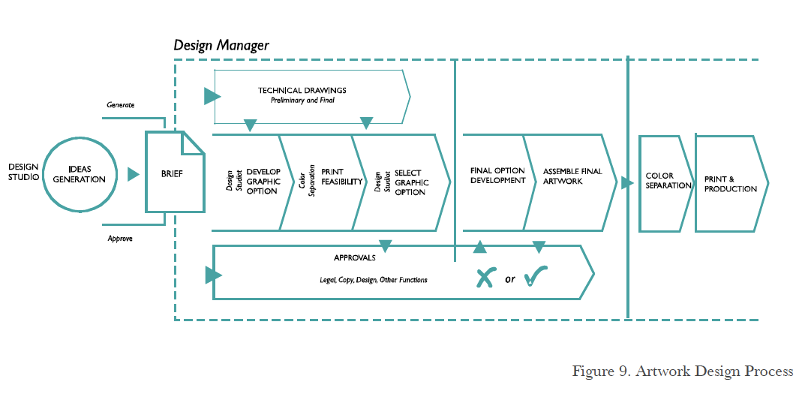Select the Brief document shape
tap(174, 173)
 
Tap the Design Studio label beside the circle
tap(23, 172)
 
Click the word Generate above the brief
tap(120, 105)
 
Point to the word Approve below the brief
tap(120, 239)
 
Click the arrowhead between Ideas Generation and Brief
tap(134, 174)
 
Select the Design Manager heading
tap(221, 45)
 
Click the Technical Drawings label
tap(302, 95)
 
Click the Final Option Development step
tap(497, 176)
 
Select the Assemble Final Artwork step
tap(572, 176)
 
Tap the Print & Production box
tap(730, 184)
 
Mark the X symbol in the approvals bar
tap(485, 278)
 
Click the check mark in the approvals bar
tap(536, 278)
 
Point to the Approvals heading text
tap(354, 258)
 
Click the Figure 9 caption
tap(682, 371)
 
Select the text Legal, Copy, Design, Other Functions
tap(373, 280)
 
